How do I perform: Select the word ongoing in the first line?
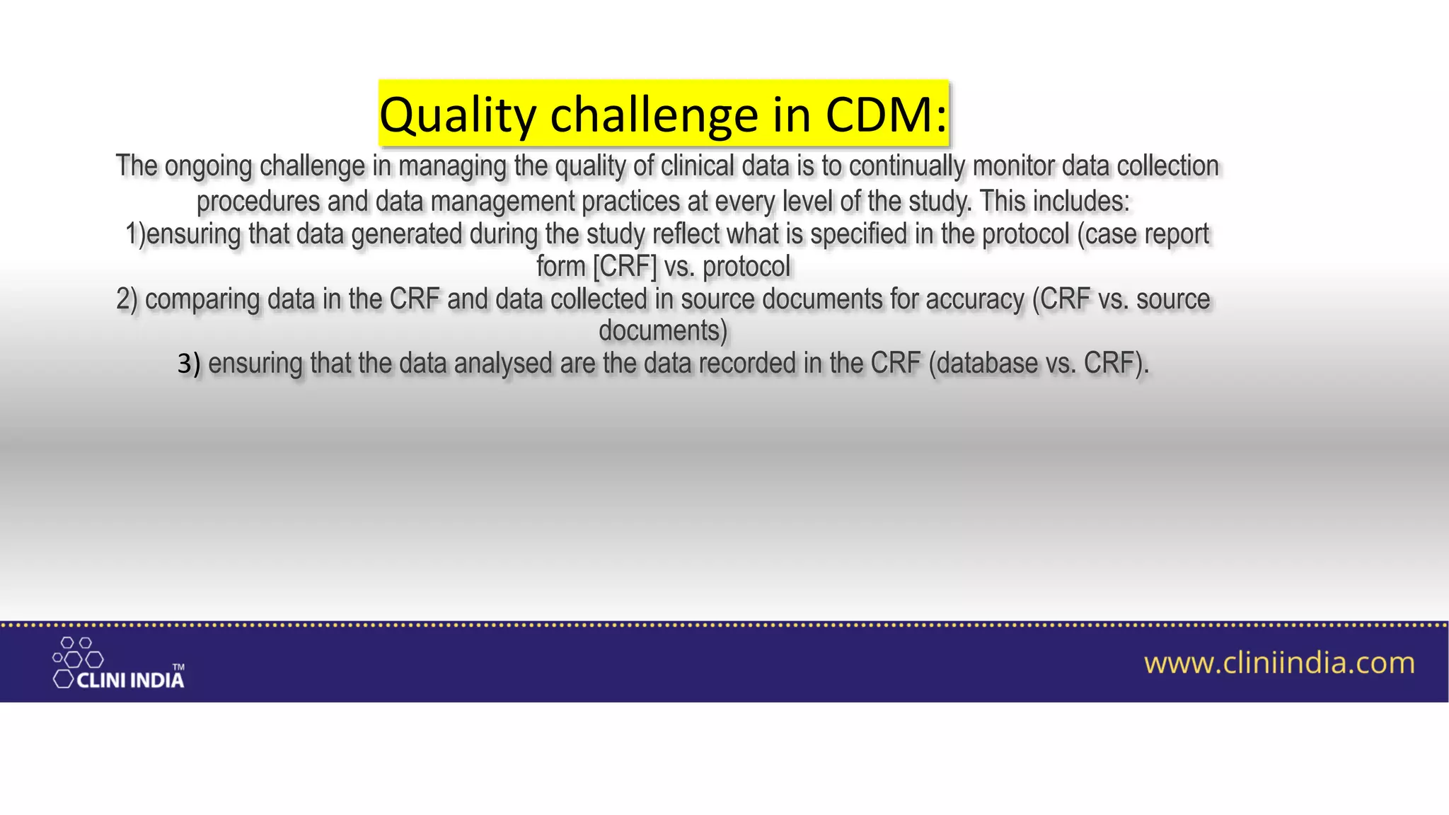208,166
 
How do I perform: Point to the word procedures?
258,202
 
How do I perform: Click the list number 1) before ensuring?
134,234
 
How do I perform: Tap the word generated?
406,234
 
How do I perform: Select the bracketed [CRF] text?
625,267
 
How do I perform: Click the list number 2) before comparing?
127,299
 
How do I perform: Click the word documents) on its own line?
663,331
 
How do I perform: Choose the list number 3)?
189,364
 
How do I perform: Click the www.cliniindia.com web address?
1279,664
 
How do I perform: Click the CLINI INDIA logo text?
130,681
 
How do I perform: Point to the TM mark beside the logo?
179,667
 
